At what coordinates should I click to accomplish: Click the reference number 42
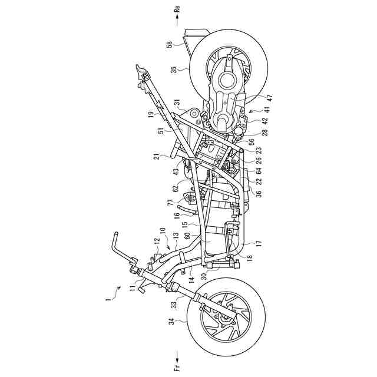click(x=257, y=120)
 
